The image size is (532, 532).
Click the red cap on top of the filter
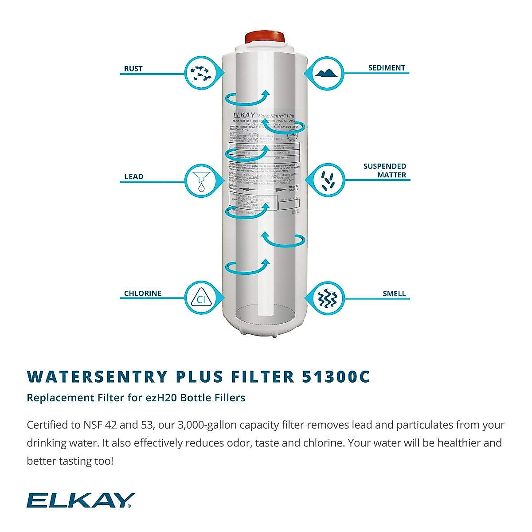(x=265, y=37)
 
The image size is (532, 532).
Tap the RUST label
(x=133, y=69)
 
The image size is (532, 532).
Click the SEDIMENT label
(x=387, y=68)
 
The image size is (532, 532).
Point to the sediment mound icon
(x=329, y=72)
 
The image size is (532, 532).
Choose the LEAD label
(x=133, y=176)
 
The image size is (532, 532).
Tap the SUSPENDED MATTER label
(x=385, y=171)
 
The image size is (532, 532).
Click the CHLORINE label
(x=142, y=293)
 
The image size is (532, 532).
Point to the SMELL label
(x=394, y=293)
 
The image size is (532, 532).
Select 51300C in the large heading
(x=336, y=376)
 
